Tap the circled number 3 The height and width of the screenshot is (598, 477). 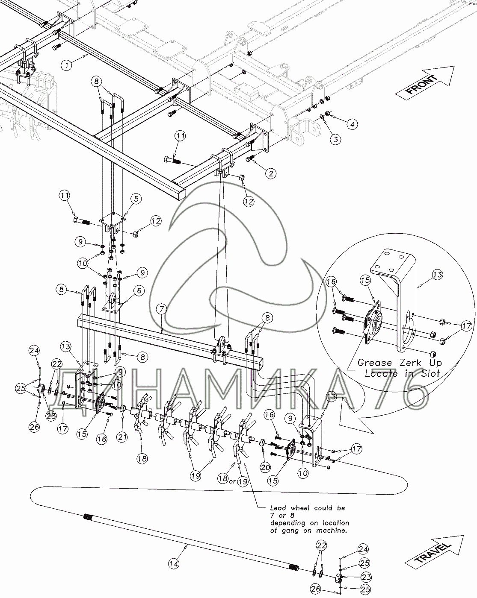336,139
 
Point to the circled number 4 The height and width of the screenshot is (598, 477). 352,124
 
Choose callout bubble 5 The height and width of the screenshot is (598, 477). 136,199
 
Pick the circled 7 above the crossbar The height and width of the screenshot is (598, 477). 160,308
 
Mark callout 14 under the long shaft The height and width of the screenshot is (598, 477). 173,564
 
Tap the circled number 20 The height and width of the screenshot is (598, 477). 265,468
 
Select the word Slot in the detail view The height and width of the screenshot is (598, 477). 431,373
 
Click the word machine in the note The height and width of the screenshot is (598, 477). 330,531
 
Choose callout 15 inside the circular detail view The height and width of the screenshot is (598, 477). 366,280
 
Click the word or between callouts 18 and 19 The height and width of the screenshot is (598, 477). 232,481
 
